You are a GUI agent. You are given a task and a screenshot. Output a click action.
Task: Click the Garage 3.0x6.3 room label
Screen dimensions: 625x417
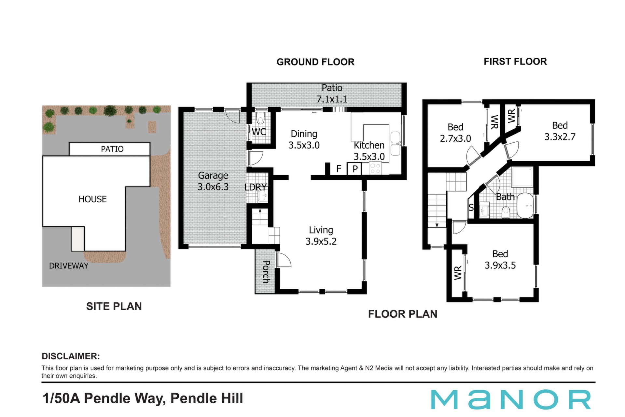pyautogui.click(x=213, y=181)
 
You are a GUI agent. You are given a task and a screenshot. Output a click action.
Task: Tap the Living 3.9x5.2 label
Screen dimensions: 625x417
pyautogui.click(x=321, y=236)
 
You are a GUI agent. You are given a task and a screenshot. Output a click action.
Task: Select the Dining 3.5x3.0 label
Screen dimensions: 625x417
pyautogui.click(x=304, y=139)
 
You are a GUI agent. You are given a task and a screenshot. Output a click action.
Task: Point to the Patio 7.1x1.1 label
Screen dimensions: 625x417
pyautogui.click(x=332, y=93)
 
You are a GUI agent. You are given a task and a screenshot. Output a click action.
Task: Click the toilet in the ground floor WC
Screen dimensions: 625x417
pyautogui.click(x=260, y=117)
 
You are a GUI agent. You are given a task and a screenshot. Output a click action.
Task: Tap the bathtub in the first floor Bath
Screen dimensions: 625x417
pyautogui.click(x=525, y=206)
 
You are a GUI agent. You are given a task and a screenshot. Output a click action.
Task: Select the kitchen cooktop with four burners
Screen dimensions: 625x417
pyautogui.click(x=375, y=168)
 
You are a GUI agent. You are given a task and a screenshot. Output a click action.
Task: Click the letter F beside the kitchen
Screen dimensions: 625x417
pyautogui.click(x=339, y=168)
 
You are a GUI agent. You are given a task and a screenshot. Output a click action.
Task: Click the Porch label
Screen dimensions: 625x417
pyautogui.click(x=266, y=272)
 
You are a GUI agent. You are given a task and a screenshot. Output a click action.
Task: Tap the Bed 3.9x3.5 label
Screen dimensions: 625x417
pyautogui.click(x=500, y=259)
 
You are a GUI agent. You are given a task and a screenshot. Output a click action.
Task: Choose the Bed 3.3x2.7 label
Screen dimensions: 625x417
pyautogui.click(x=560, y=131)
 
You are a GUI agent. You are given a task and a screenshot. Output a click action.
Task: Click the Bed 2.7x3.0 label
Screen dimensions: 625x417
pyautogui.click(x=455, y=133)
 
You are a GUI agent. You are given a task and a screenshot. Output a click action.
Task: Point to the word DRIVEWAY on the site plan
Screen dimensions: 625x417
pyautogui.click(x=69, y=266)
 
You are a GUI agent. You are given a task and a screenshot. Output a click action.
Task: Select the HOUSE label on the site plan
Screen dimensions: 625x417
pyautogui.click(x=93, y=199)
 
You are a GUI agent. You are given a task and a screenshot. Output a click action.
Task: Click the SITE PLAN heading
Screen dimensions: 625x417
pyautogui.click(x=114, y=306)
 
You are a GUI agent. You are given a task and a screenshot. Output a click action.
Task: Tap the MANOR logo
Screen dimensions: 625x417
pyautogui.click(x=511, y=399)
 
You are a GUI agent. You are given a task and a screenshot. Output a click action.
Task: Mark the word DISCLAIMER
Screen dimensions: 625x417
pyautogui.click(x=71, y=356)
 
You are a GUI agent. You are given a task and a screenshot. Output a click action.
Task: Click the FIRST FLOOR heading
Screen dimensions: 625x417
pyautogui.click(x=515, y=62)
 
